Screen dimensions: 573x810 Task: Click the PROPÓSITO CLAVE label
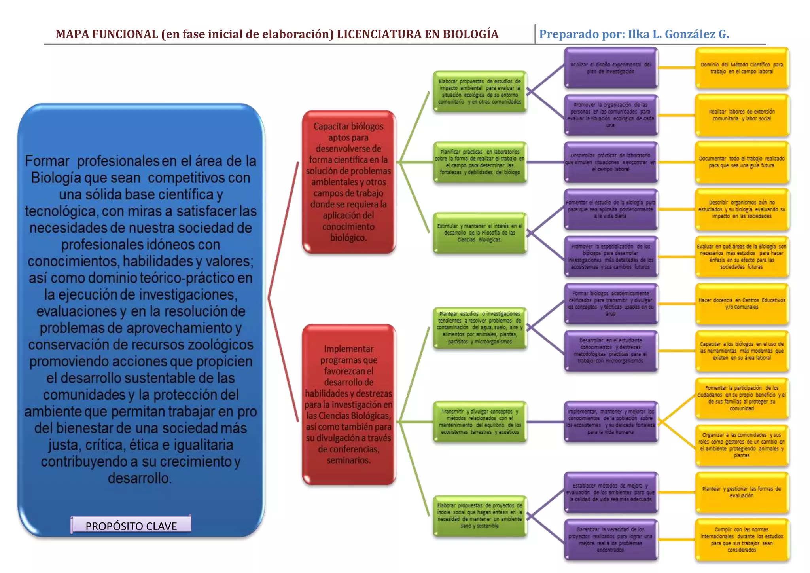click(x=131, y=526)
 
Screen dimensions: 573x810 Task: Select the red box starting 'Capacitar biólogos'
click(x=348, y=182)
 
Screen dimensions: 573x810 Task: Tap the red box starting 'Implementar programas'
click(x=348, y=404)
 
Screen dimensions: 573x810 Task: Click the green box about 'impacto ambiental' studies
click(x=479, y=91)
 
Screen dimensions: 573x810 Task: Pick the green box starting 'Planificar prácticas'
click(x=479, y=162)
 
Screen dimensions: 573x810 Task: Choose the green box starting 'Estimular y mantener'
click(x=479, y=233)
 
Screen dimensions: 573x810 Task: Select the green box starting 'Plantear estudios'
click(x=479, y=328)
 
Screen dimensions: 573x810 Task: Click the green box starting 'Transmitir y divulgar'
click(x=479, y=421)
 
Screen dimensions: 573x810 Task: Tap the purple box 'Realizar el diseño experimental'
click(x=610, y=68)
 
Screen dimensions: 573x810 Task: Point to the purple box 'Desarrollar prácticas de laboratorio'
click(x=610, y=162)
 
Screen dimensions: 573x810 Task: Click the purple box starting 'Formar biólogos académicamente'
click(x=610, y=304)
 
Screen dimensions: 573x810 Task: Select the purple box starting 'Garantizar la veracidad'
click(x=610, y=539)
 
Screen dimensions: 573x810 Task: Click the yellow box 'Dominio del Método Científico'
click(x=742, y=68)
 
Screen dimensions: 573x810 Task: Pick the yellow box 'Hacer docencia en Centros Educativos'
click(x=742, y=304)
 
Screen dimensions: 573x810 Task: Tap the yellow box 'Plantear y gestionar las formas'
click(x=742, y=492)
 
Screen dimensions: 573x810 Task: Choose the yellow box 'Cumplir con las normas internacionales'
click(x=742, y=539)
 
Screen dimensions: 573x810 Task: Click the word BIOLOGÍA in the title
click(x=470, y=34)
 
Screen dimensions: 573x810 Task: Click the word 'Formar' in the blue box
click(x=47, y=161)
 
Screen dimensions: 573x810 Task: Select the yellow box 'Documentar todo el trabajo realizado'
click(x=742, y=162)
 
